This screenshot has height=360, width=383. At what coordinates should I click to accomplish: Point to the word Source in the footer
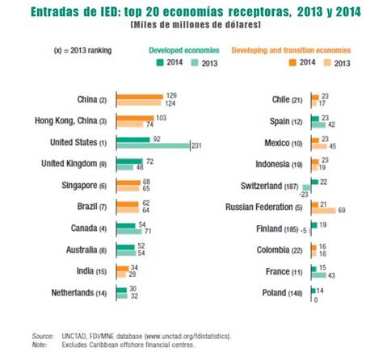tap(42, 335)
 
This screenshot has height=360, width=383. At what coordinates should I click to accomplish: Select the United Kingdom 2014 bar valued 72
tap(128, 161)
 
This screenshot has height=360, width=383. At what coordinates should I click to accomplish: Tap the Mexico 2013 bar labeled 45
tap(317, 146)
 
